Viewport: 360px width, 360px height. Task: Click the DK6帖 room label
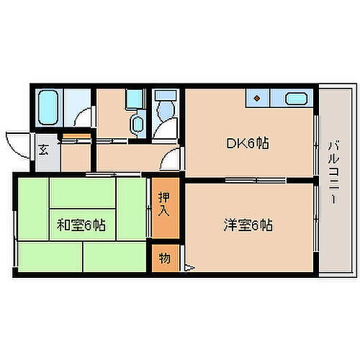pos(249,143)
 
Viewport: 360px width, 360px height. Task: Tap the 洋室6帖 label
pos(247,225)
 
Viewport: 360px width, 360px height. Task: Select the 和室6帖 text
pos(81,225)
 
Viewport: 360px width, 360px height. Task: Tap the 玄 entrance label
pos(43,150)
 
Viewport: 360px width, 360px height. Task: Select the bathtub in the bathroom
pos(49,108)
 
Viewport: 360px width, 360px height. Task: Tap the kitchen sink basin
pos(296,99)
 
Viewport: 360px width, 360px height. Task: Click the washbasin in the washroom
pos(136,122)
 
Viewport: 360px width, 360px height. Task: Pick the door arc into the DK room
pos(173,161)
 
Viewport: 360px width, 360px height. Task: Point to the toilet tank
pos(165,96)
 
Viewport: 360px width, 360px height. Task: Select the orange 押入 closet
pos(165,212)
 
